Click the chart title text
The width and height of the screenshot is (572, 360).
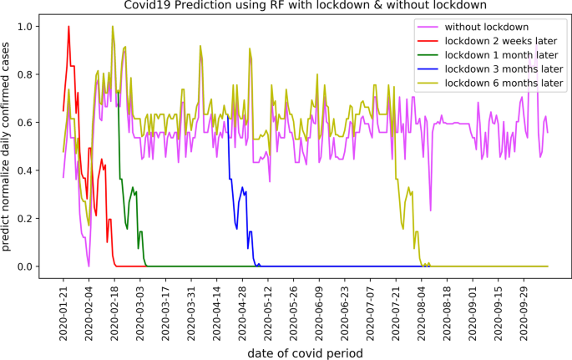pos(305,6)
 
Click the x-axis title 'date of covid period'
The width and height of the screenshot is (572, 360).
pos(305,352)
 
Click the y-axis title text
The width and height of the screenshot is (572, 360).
pos(8,146)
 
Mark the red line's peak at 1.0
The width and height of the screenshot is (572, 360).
pos(68,27)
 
